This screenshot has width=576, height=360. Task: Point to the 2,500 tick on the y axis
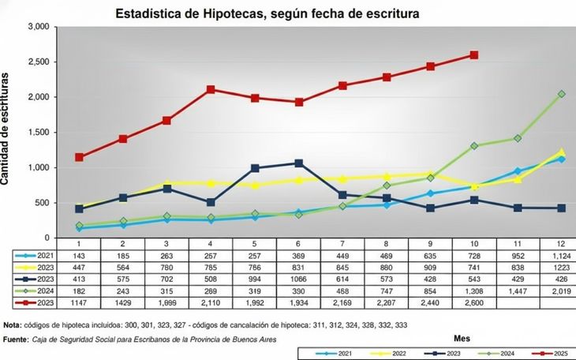[x=39, y=62]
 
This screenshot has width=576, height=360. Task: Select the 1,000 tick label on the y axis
[x=39, y=167]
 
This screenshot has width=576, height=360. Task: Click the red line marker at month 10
[x=473, y=55]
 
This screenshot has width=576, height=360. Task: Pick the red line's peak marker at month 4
[x=210, y=89]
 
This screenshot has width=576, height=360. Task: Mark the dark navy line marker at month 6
[x=298, y=163]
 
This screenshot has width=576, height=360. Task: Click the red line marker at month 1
[x=80, y=157]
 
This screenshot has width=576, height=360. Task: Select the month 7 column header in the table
[x=342, y=246]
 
